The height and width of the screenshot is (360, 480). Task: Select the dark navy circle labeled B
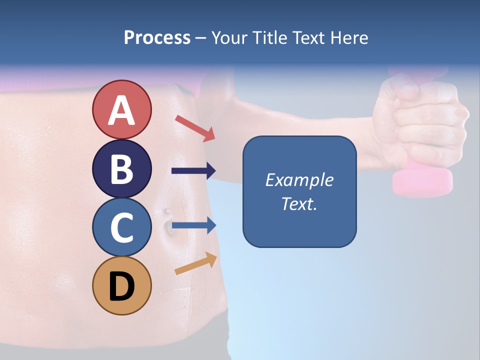click(121, 168)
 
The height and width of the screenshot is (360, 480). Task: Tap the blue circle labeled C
click(121, 227)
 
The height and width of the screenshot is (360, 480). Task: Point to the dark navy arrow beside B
click(193, 171)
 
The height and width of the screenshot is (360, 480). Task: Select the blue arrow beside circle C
click(193, 225)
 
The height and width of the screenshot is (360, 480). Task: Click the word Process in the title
click(157, 37)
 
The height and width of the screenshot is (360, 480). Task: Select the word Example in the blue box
click(299, 180)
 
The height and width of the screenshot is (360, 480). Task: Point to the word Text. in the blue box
click(299, 203)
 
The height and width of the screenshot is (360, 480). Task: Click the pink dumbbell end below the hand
click(422, 181)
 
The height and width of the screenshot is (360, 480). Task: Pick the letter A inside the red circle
click(121, 110)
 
